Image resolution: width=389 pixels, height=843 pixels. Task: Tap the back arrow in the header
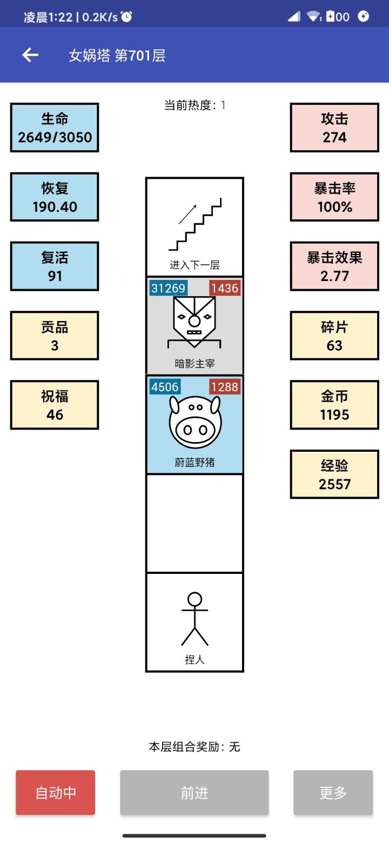coord(30,55)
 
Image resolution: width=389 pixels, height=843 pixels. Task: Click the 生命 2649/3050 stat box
coord(55,128)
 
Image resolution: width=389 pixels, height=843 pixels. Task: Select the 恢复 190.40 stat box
coord(55,197)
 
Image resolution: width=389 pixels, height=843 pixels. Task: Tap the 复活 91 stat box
coord(55,266)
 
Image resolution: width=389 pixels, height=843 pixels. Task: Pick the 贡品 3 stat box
coord(55,336)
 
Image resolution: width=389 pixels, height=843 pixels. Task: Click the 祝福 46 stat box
coord(55,405)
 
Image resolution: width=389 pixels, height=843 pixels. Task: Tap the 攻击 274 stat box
coord(334,128)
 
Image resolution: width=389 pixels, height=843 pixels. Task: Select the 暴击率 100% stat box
coord(334,197)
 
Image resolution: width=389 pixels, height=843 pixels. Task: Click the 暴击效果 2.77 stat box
coord(334,266)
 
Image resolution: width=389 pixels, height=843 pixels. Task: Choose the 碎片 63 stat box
coord(334,336)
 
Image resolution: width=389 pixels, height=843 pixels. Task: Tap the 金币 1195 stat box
coord(334,405)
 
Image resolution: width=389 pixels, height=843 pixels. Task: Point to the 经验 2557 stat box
coord(334,474)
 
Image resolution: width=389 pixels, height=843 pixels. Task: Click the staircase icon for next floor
coord(195,224)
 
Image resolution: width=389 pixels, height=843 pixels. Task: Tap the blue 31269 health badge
coord(168,288)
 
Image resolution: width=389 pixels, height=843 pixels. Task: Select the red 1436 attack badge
coord(225,288)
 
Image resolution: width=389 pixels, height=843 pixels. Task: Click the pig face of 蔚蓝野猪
coord(194,422)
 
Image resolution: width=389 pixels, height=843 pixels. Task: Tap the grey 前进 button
coord(194,793)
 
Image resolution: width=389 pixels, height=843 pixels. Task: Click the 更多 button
coord(333,793)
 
